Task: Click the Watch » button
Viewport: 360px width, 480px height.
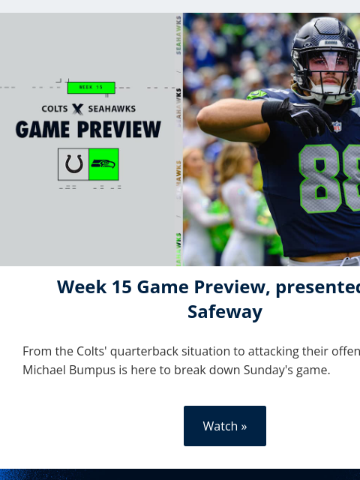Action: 224,426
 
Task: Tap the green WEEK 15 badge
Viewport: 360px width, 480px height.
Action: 91,88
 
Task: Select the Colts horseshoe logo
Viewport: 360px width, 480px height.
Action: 73,164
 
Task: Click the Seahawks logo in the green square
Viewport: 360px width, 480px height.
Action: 103,164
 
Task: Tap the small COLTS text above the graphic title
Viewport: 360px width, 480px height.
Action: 55,109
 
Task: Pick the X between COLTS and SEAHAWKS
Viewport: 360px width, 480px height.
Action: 77,109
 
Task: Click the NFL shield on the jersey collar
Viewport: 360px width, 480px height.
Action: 337,127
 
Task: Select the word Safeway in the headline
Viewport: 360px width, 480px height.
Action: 224,311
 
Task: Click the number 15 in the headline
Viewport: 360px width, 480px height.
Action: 121,286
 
